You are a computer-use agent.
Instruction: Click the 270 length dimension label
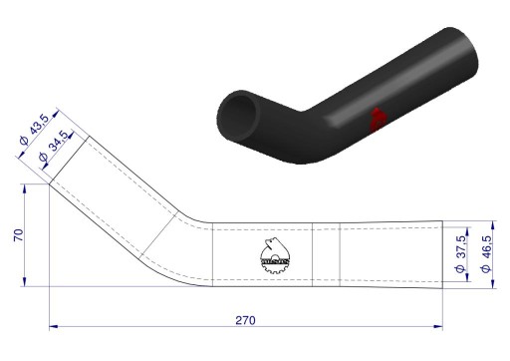click(x=245, y=320)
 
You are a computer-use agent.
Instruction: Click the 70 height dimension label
click(x=19, y=235)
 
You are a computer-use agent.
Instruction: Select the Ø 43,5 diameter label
click(x=34, y=129)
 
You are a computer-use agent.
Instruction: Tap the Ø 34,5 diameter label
click(x=53, y=146)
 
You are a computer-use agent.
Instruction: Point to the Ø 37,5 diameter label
click(x=460, y=254)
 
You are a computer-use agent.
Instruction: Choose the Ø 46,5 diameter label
click(x=486, y=254)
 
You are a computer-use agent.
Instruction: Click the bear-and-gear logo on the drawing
click(x=275, y=255)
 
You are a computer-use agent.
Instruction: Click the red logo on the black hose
click(x=378, y=120)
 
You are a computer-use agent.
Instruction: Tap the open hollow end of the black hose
click(x=239, y=117)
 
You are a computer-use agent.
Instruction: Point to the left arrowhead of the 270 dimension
click(x=53, y=327)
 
